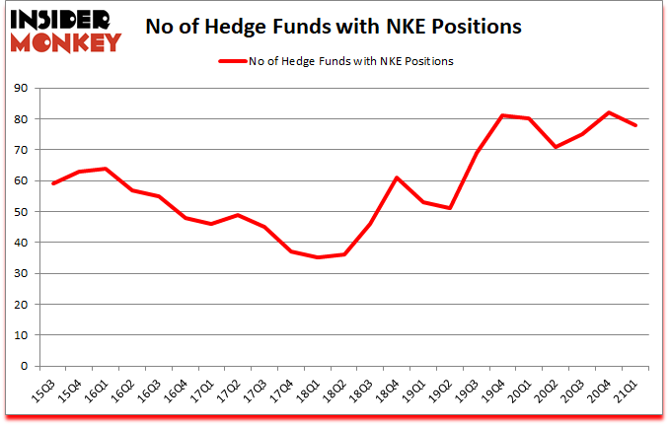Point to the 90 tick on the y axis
pyautogui.click(x=23, y=88)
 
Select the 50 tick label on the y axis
pyautogui.click(x=23, y=212)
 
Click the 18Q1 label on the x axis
pyautogui.click(x=313, y=393)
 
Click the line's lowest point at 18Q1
pyautogui.click(x=318, y=257)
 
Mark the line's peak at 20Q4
pyautogui.click(x=609, y=112)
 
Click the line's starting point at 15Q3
pyautogui.click(x=52, y=183)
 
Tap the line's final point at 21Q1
pyautogui.click(x=635, y=125)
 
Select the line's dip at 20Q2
pyautogui.click(x=557, y=147)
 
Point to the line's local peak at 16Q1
pyautogui.click(x=106, y=169)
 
